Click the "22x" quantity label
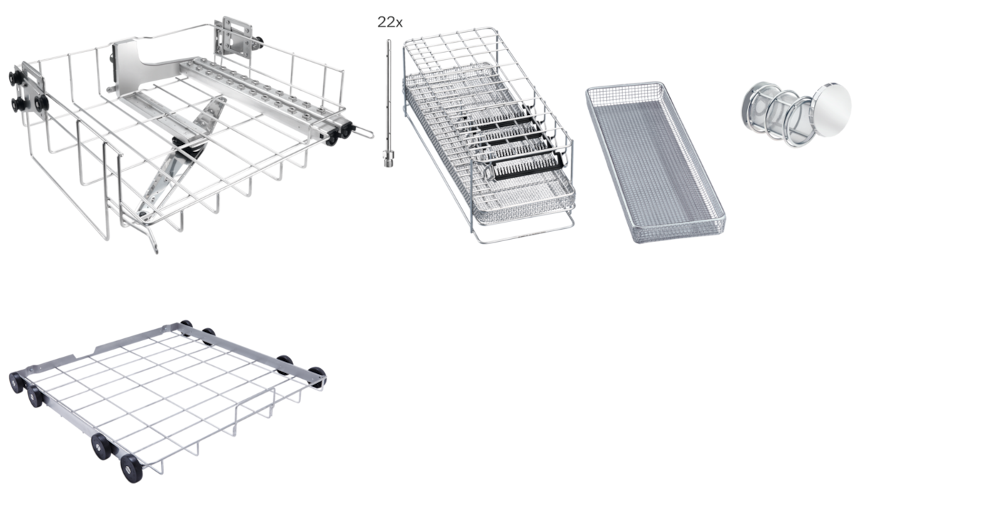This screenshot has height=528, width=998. coord(390,22)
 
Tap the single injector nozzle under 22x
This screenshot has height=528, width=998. coord(389,103)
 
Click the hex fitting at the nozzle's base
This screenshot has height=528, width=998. coord(389,159)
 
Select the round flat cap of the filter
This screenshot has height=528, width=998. coord(831,109)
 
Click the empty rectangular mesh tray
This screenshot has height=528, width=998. coord(655,162)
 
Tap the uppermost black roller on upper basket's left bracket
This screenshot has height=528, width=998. coord(15,78)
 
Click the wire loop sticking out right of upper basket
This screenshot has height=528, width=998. coord(362,133)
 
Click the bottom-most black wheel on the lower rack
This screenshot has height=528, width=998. coord(132,469)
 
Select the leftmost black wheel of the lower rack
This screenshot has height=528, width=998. coord(16,383)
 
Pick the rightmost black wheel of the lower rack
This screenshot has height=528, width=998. coord(317,376)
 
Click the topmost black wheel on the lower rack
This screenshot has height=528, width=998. coord(186,324)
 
